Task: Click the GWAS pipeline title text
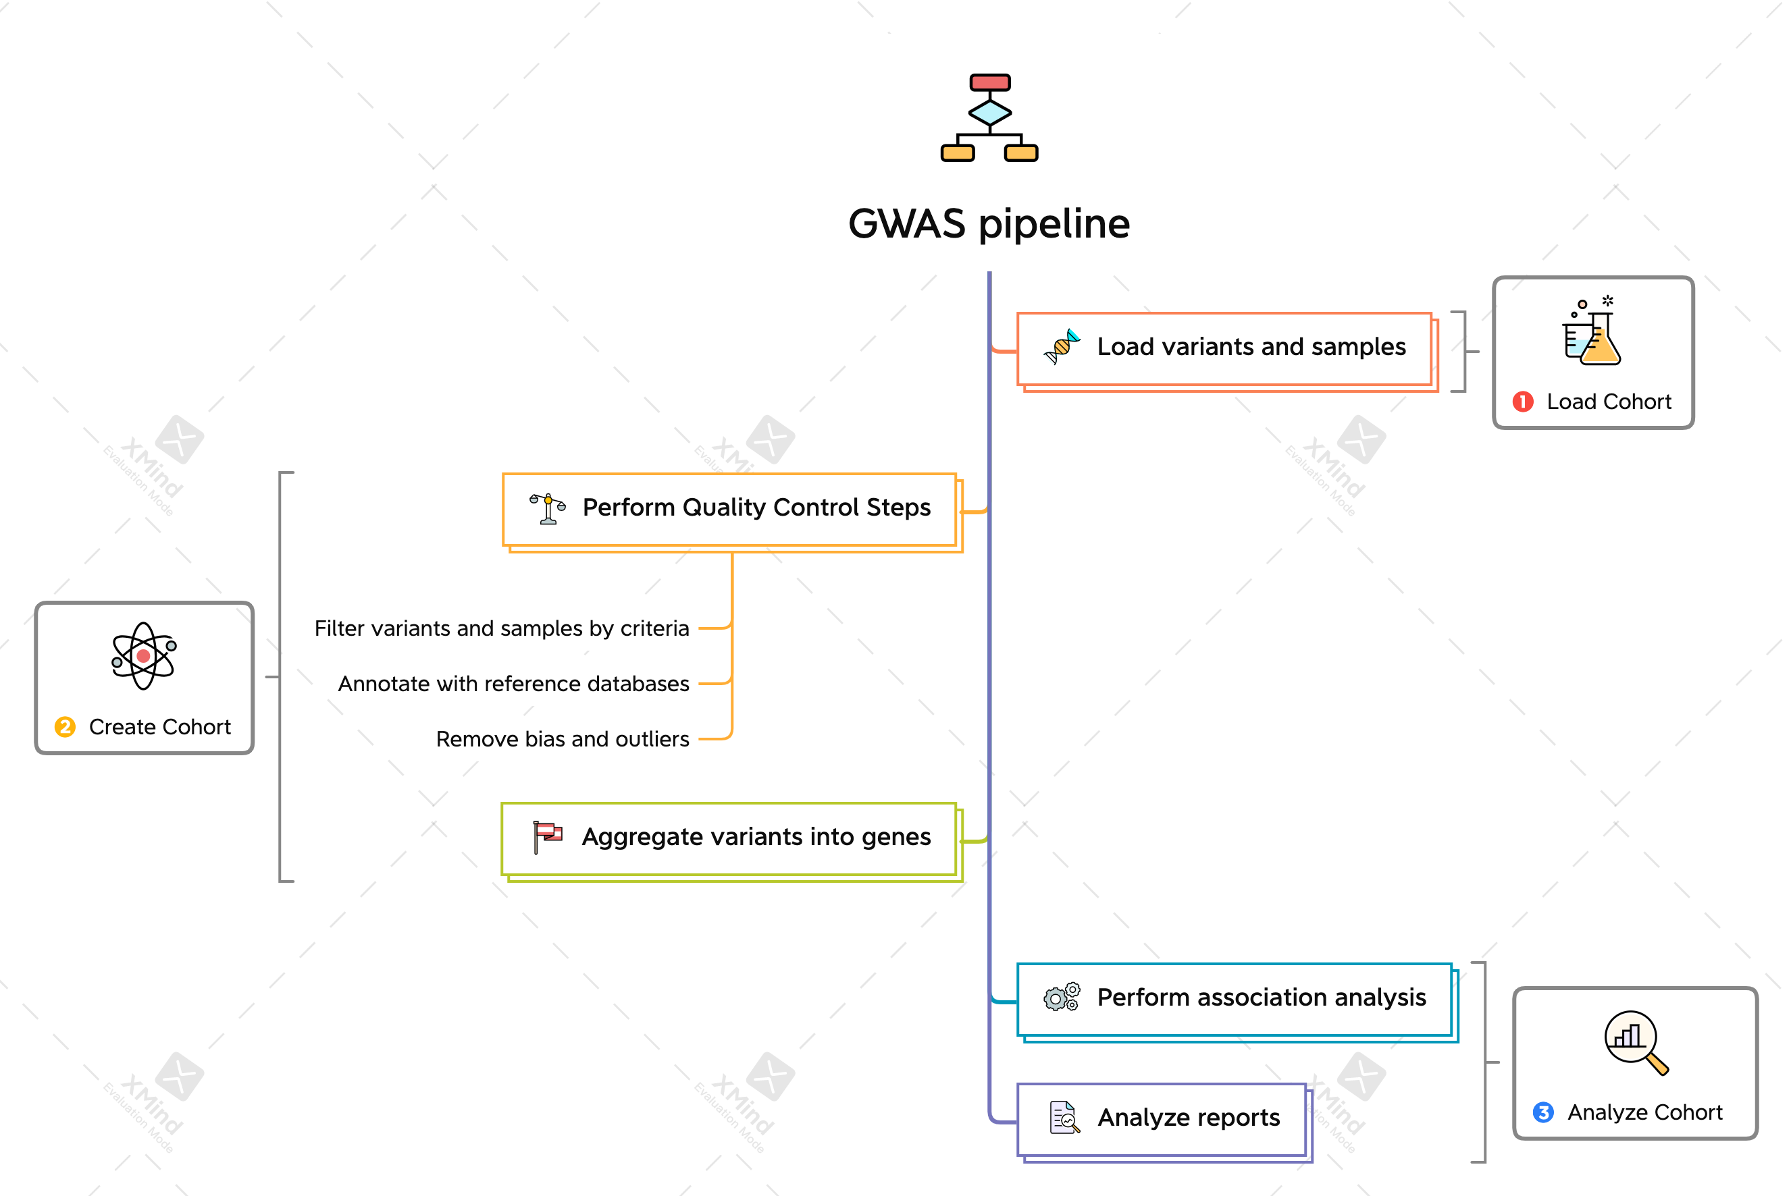(x=989, y=223)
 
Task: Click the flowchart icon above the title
(x=989, y=117)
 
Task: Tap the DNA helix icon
(x=1062, y=347)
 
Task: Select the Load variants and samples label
(x=1251, y=347)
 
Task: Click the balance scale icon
(x=547, y=508)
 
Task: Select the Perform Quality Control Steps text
(x=756, y=508)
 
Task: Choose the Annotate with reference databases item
(x=513, y=684)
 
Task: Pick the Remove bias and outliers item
(x=563, y=739)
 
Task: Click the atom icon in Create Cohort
(x=143, y=656)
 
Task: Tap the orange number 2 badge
(x=65, y=727)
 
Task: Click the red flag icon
(x=547, y=837)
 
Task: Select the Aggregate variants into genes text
(x=756, y=837)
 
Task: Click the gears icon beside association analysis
(x=1062, y=997)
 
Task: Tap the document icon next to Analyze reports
(x=1064, y=1118)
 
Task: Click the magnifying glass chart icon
(x=1635, y=1042)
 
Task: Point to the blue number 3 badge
(x=1542, y=1112)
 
